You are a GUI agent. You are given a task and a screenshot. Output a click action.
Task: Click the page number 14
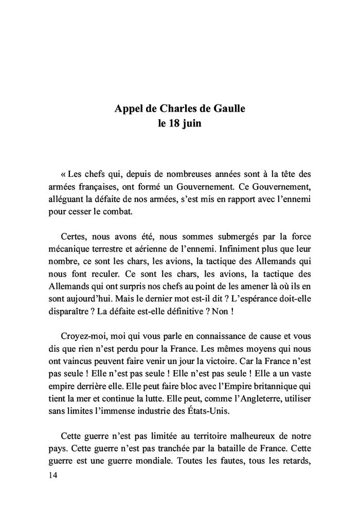tap(51, 476)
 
